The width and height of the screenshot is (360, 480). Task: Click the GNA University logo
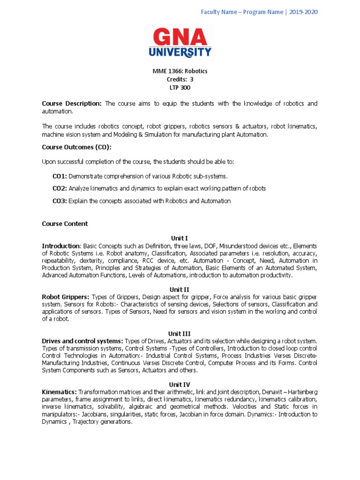[x=180, y=43]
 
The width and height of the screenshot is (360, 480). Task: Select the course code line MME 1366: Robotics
[x=180, y=71]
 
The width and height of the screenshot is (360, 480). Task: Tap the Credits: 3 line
[x=180, y=79]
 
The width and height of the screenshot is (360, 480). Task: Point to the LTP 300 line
[x=180, y=88]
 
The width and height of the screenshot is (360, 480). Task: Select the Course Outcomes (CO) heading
[x=76, y=147]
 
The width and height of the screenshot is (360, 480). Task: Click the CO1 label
[x=60, y=176]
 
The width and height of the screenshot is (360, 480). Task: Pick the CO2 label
[x=60, y=188]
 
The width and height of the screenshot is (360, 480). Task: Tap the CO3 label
[x=60, y=201]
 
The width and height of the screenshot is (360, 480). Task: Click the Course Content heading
[x=65, y=224]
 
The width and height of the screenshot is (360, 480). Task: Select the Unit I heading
[x=180, y=238]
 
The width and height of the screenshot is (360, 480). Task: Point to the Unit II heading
[x=180, y=289]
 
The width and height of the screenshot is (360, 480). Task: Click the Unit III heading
[x=180, y=333]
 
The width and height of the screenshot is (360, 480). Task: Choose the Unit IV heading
[x=180, y=384]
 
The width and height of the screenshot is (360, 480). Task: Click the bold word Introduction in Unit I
[x=61, y=246]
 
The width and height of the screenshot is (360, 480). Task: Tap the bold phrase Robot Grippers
[x=65, y=297]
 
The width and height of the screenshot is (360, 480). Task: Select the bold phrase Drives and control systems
[x=82, y=341]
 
